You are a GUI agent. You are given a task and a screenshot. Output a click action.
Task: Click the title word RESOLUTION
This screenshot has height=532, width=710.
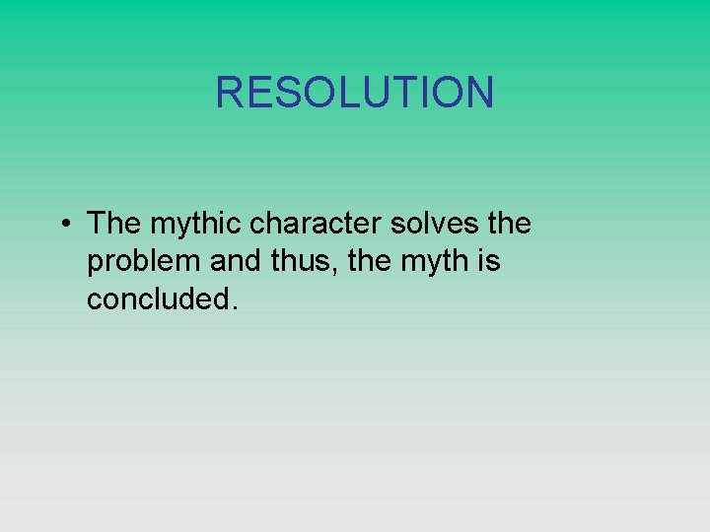pos(354,93)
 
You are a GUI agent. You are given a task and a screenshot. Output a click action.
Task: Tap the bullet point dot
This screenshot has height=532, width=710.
pos(63,225)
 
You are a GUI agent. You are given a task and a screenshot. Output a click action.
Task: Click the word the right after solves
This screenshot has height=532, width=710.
pos(509,224)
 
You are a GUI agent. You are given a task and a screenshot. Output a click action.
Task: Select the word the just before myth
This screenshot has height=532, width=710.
pos(368,261)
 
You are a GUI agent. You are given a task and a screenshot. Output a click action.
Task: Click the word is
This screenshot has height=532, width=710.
pos(490,261)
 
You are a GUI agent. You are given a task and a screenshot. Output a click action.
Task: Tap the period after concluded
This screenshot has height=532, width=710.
pos(234,307)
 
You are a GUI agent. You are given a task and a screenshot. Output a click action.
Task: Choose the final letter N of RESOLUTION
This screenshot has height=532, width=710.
pos(478,93)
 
